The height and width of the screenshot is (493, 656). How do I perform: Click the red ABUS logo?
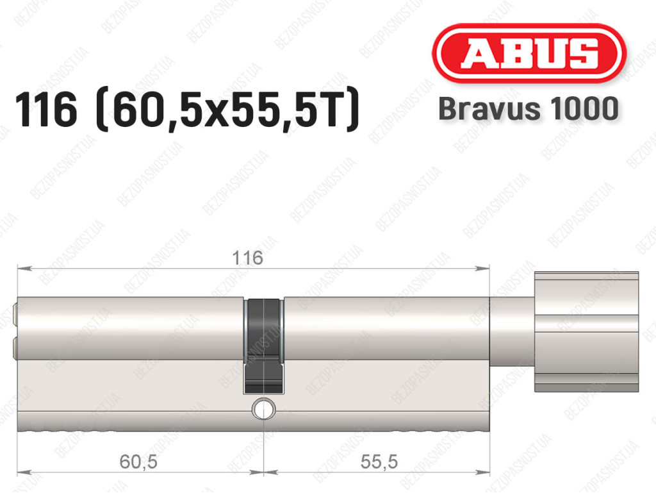(x=529, y=53)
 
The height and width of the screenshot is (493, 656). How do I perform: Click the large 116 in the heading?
(x=46, y=110)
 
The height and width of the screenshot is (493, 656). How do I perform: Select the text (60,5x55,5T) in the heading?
(x=227, y=110)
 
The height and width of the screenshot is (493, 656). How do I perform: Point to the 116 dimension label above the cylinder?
(x=247, y=258)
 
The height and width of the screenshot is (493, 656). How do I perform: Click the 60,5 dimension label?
(x=138, y=462)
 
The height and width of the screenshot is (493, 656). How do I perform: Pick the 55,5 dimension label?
(x=379, y=462)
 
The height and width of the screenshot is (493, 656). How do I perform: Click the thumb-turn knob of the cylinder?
(x=587, y=332)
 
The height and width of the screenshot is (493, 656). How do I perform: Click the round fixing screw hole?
(x=263, y=408)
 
